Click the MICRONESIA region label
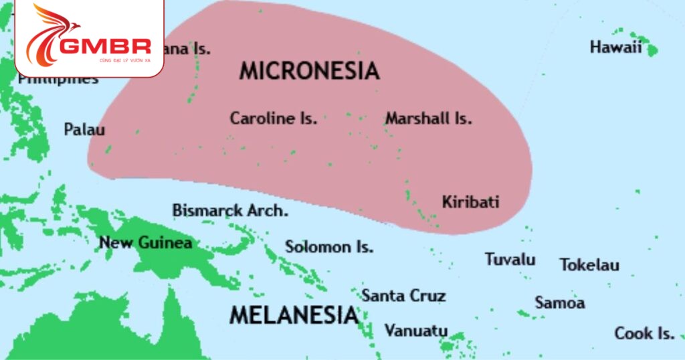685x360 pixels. click(x=309, y=71)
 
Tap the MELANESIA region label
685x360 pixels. click(x=294, y=314)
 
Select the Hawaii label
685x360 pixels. click(x=615, y=47)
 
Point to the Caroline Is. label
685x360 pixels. click(x=273, y=118)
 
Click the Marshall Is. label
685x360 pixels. click(x=428, y=118)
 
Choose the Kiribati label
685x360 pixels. click(x=470, y=201)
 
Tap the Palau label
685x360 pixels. click(x=84, y=129)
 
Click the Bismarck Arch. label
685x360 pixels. click(x=230, y=210)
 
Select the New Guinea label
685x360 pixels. click(x=146, y=242)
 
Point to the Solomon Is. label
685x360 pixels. click(x=329, y=246)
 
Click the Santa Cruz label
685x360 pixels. click(x=403, y=295)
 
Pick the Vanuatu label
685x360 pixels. click(x=415, y=331)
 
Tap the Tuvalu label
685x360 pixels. click(x=510, y=259)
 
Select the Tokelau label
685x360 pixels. click(x=589, y=264)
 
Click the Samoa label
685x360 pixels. click(x=559, y=302)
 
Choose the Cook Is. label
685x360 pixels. click(x=644, y=333)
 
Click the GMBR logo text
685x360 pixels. click(x=105, y=46)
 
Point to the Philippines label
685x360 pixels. click(x=58, y=80)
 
